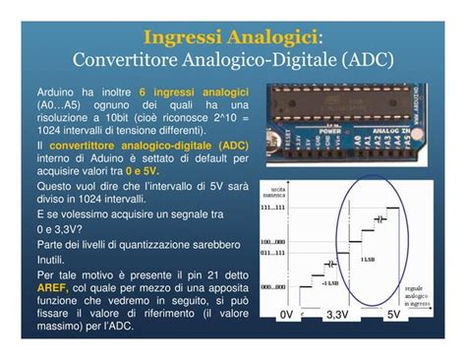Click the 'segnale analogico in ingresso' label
pyautogui.click(x=421, y=295)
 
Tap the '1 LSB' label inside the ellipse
pyautogui.click(x=368, y=258)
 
